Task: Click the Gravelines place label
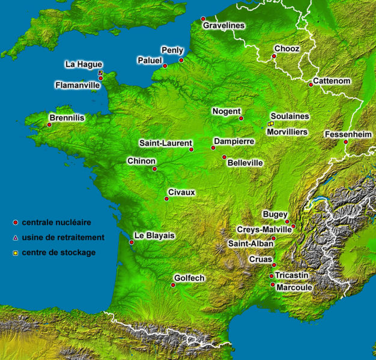(x=224, y=26)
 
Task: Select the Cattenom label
(x=332, y=80)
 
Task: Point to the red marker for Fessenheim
(x=346, y=142)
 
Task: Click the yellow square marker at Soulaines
(x=271, y=124)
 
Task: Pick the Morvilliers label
(x=288, y=131)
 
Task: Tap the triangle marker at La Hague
(x=100, y=73)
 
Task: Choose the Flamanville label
(x=77, y=85)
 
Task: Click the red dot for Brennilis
(x=49, y=125)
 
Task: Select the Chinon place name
(x=141, y=161)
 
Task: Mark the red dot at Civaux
(x=166, y=199)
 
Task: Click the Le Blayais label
(x=154, y=236)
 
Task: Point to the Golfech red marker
(x=173, y=285)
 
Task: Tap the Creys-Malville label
(x=264, y=230)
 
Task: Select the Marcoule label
(x=294, y=287)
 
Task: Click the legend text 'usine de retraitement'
(x=63, y=238)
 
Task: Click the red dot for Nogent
(x=241, y=118)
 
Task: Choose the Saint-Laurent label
(x=166, y=143)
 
